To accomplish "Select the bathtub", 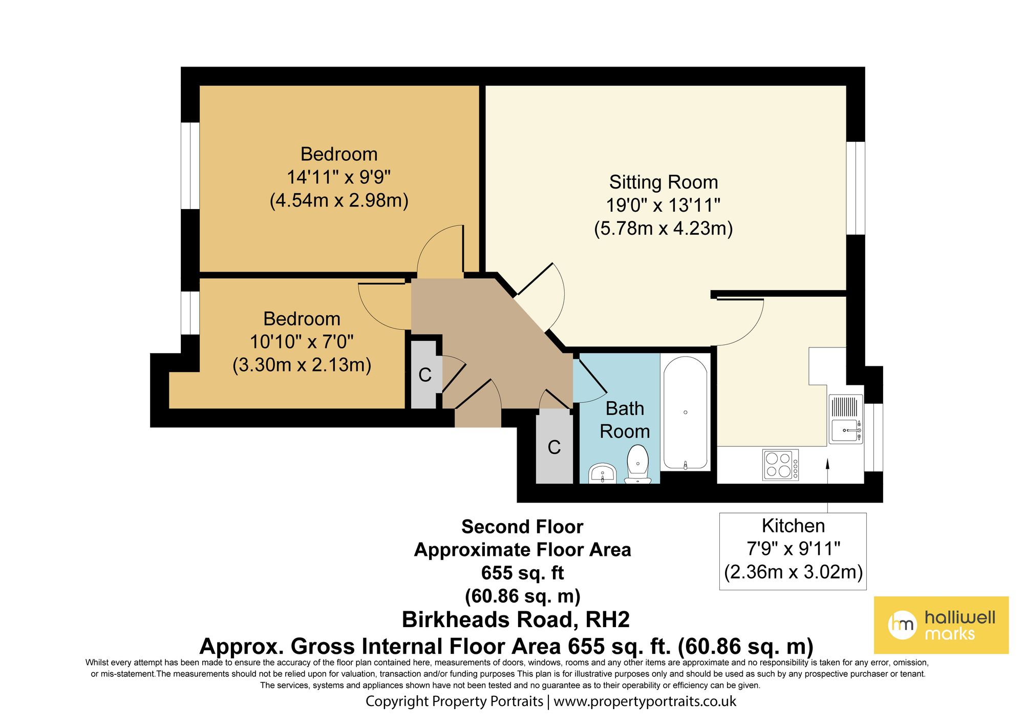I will pyautogui.click(x=686, y=412).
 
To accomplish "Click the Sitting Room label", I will pyautogui.click(x=664, y=182).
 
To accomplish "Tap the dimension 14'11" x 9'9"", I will pyautogui.click(x=338, y=177).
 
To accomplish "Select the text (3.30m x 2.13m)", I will pyautogui.click(x=302, y=365).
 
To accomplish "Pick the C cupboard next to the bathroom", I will pyautogui.click(x=554, y=447).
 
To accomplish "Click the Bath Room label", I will pyautogui.click(x=625, y=420).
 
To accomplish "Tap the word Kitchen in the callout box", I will pyautogui.click(x=793, y=526).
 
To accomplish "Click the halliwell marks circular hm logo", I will pyautogui.click(x=902, y=625).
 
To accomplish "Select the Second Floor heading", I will pyautogui.click(x=522, y=527).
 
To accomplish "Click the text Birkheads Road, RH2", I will pyautogui.click(x=516, y=619).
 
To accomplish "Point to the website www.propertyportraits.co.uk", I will pyautogui.click(x=645, y=701).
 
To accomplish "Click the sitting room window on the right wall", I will pyautogui.click(x=855, y=188).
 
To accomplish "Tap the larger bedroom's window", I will pyautogui.click(x=190, y=166).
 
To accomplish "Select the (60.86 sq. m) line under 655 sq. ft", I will pyautogui.click(x=522, y=596).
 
